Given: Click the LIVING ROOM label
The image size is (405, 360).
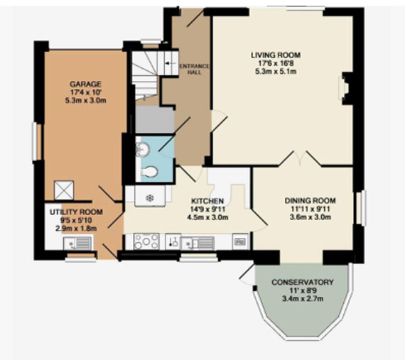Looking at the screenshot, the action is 276,55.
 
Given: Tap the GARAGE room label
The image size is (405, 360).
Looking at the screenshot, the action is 85,84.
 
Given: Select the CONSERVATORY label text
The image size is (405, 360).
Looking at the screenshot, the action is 303,282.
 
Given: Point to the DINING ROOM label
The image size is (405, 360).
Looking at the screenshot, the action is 310,200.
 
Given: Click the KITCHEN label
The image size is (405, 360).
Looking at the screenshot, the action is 207,201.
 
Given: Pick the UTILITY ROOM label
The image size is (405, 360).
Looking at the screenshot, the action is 76,212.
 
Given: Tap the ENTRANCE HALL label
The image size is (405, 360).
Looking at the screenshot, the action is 194,69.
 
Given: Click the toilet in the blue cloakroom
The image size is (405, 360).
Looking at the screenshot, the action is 149,172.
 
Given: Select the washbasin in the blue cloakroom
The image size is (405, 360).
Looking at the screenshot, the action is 143,149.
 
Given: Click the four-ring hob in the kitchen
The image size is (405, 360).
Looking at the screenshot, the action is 146,241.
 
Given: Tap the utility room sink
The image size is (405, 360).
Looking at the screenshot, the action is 77,244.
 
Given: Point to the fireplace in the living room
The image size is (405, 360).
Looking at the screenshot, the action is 344,88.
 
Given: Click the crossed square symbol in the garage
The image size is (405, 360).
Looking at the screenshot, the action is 64,190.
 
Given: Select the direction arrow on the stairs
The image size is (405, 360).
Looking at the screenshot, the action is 168,63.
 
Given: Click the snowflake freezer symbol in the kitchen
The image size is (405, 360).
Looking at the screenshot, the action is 149,198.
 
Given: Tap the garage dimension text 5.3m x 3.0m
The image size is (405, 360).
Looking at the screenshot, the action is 85,100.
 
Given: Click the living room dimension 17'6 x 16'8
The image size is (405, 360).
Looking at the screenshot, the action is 276,63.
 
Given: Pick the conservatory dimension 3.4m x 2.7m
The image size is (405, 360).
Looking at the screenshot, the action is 303,299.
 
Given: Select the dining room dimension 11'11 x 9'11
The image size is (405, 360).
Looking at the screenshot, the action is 310,209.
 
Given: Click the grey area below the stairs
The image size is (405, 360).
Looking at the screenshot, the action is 155,119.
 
